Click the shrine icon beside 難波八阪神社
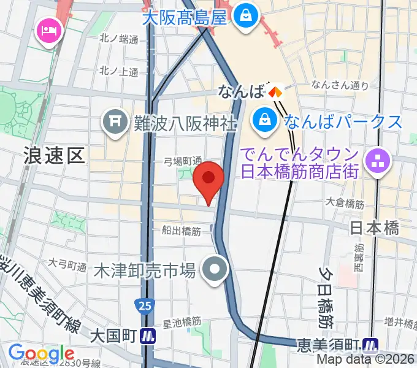coord(115,122)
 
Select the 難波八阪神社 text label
coord(185,123)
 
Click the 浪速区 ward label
coord(54,155)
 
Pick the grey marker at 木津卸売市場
coord(215,270)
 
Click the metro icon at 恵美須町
coord(370,344)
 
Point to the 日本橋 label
coord(374,228)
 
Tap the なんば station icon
coord(274,93)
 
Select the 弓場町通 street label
coord(183,161)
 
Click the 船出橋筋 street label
coord(181,231)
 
